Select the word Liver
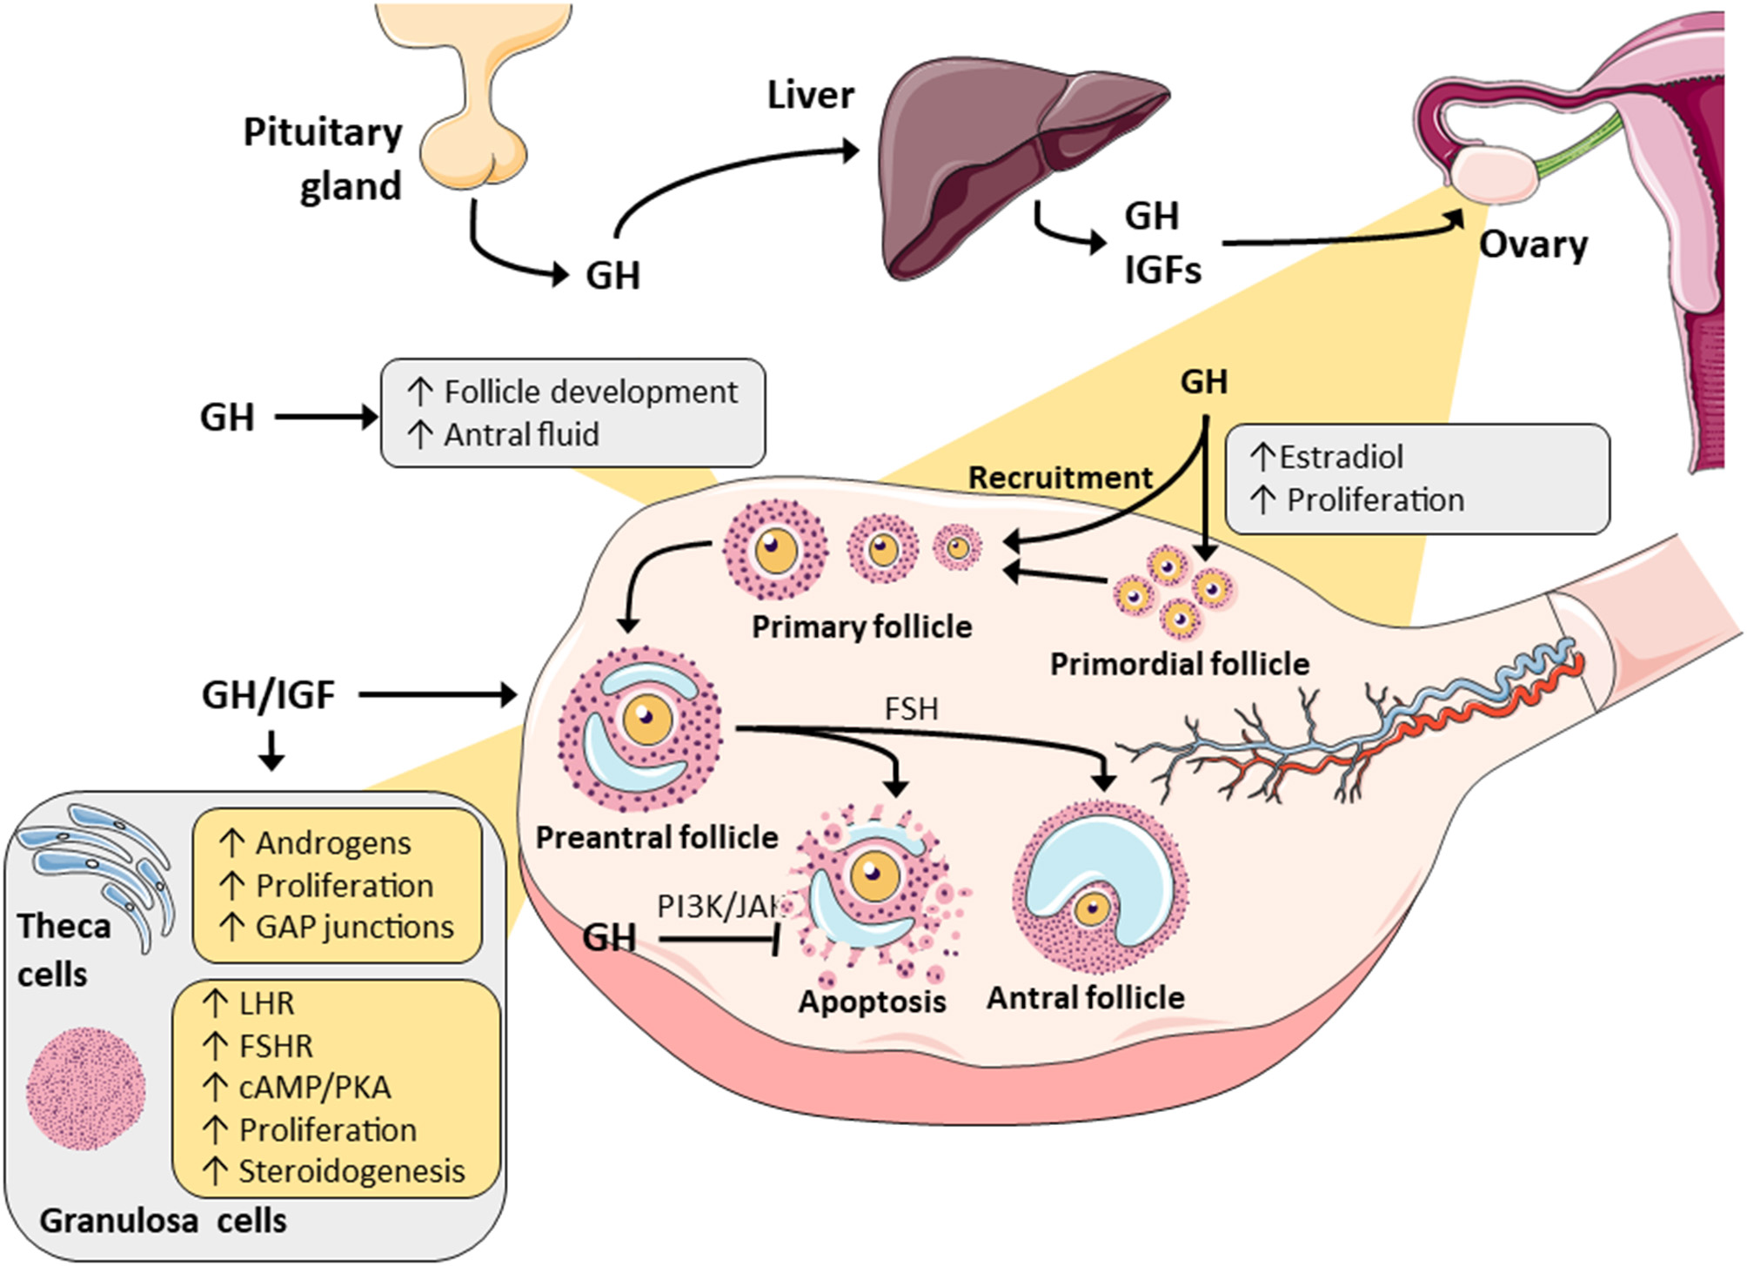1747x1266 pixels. tap(810, 94)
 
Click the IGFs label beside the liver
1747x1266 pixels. tap(1162, 271)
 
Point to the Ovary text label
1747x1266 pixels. tap(1533, 244)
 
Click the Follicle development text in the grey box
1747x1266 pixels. tap(590, 392)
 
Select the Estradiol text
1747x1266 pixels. tap(1341, 457)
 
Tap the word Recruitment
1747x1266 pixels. tap(1060, 478)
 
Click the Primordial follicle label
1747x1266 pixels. tap(1179, 664)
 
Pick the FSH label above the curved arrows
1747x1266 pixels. tap(911, 709)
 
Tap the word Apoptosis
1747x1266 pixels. tap(872, 1001)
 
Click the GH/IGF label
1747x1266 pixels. tap(268, 694)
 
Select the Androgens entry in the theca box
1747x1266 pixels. tap(332, 843)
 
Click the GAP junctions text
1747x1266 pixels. tap(354, 927)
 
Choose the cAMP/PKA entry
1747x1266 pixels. tap(314, 1087)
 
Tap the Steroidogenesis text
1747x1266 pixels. tap(351, 1171)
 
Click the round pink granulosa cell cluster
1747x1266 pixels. tap(86, 1088)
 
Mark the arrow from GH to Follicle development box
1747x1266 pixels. tap(326, 417)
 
